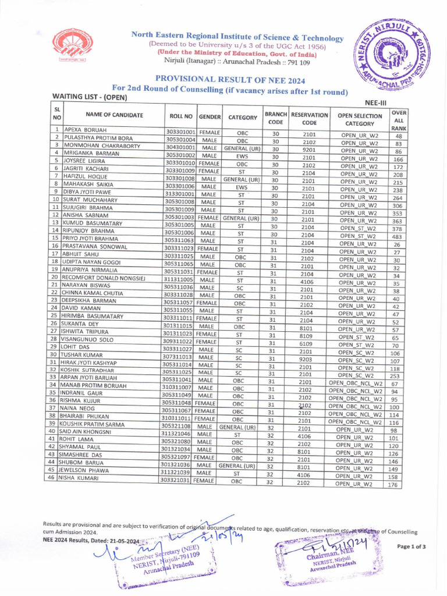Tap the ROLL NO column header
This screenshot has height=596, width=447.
pos(180,116)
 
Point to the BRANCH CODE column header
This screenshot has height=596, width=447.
pos(276,118)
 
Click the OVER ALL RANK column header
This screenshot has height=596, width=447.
pos(399,119)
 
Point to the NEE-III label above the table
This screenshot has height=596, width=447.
pos(375,102)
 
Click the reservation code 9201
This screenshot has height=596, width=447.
pos(309,150)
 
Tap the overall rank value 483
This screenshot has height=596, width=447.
pos(397,237)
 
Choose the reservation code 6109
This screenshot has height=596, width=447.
pos(309,343)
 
